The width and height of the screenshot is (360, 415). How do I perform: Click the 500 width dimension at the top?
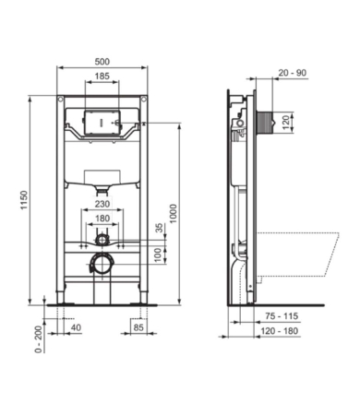pyautogui.click(x=104, y=60)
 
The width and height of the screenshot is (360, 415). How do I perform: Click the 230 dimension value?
pyautogui.click(x=102, y=206)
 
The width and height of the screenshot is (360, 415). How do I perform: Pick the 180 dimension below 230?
pyautogui.click(x=102, y=219)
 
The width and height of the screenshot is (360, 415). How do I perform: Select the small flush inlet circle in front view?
pyautogui.click(x=102, y=239)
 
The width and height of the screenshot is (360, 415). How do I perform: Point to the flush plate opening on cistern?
pyautogui.click(x=102, y=121)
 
